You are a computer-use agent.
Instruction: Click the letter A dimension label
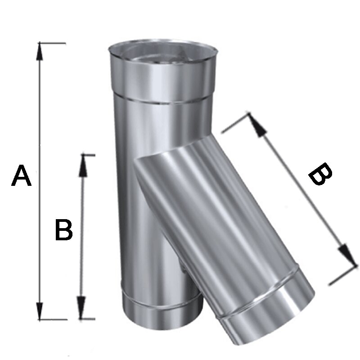21,175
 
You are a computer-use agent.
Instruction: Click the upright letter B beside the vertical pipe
64,230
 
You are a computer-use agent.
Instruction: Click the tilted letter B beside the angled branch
320,174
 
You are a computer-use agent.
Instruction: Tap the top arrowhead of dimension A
40,51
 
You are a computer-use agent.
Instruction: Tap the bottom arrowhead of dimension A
40,310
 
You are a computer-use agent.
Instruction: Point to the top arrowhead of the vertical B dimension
83,166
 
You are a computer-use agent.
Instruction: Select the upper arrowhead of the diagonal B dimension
257,125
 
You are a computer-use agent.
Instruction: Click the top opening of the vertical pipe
163,53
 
